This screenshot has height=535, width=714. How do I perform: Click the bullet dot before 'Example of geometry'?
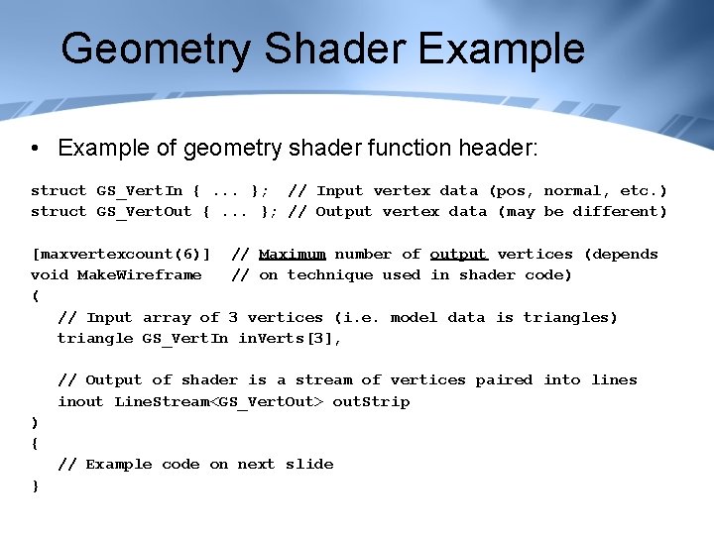click(35, 149)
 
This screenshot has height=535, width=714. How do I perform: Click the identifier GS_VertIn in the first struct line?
click(139, 190)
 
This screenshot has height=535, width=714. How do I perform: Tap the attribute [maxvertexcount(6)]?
click(121, 254)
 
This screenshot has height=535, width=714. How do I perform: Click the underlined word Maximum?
click(292, 254)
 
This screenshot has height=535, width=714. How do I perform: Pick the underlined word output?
click(458, 254)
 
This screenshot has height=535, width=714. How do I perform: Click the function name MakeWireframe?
click(139, 274)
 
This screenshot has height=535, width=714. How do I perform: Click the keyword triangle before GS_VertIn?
click(95, 338)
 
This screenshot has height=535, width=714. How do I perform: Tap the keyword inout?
click(80, 401)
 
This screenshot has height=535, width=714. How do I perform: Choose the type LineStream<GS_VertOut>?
click(219, 401)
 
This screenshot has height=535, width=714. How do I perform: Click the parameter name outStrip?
click(371, 401)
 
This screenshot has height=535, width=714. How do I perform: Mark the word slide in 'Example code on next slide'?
click(309, 464)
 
